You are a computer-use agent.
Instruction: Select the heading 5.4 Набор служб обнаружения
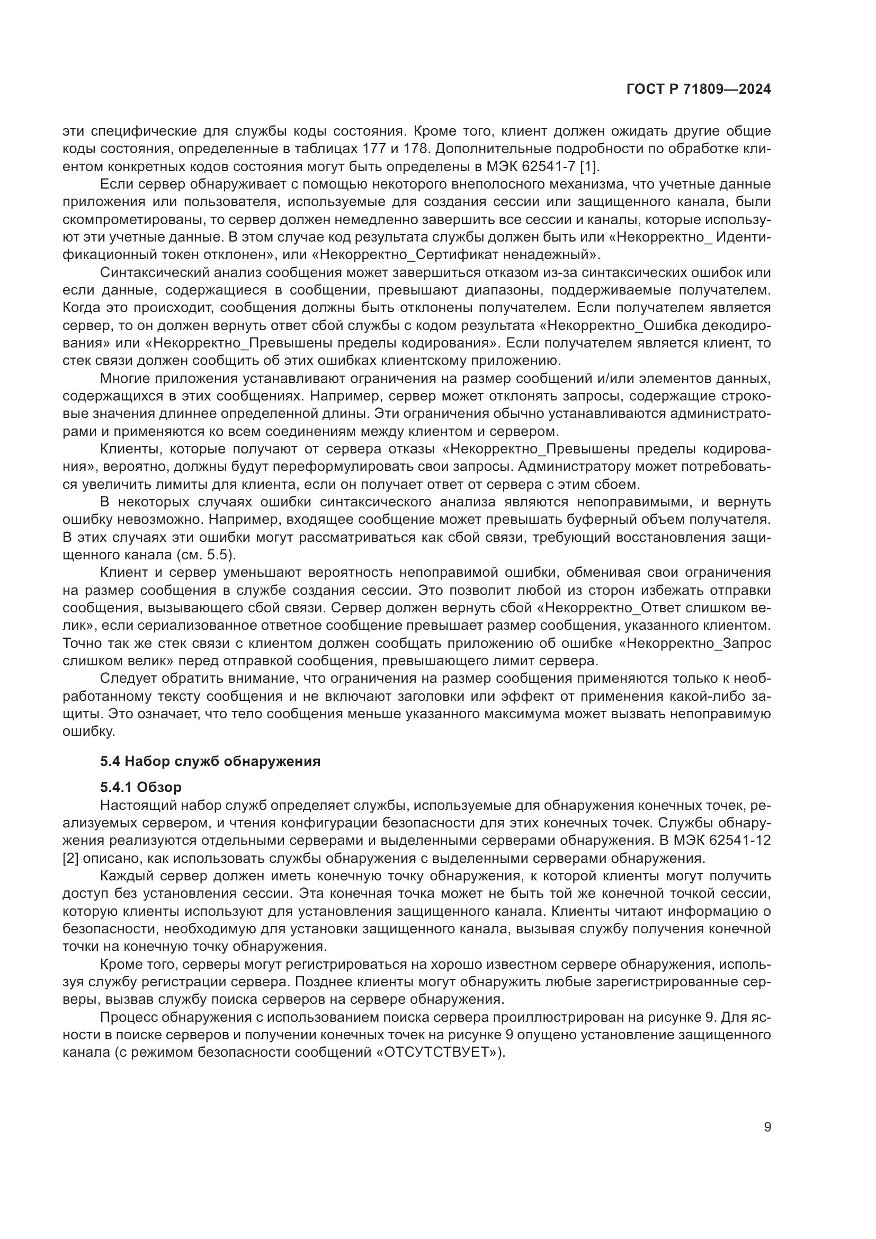[210, 761]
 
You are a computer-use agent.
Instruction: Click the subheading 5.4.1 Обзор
[141, 787]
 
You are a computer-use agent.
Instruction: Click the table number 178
[422, 149]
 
